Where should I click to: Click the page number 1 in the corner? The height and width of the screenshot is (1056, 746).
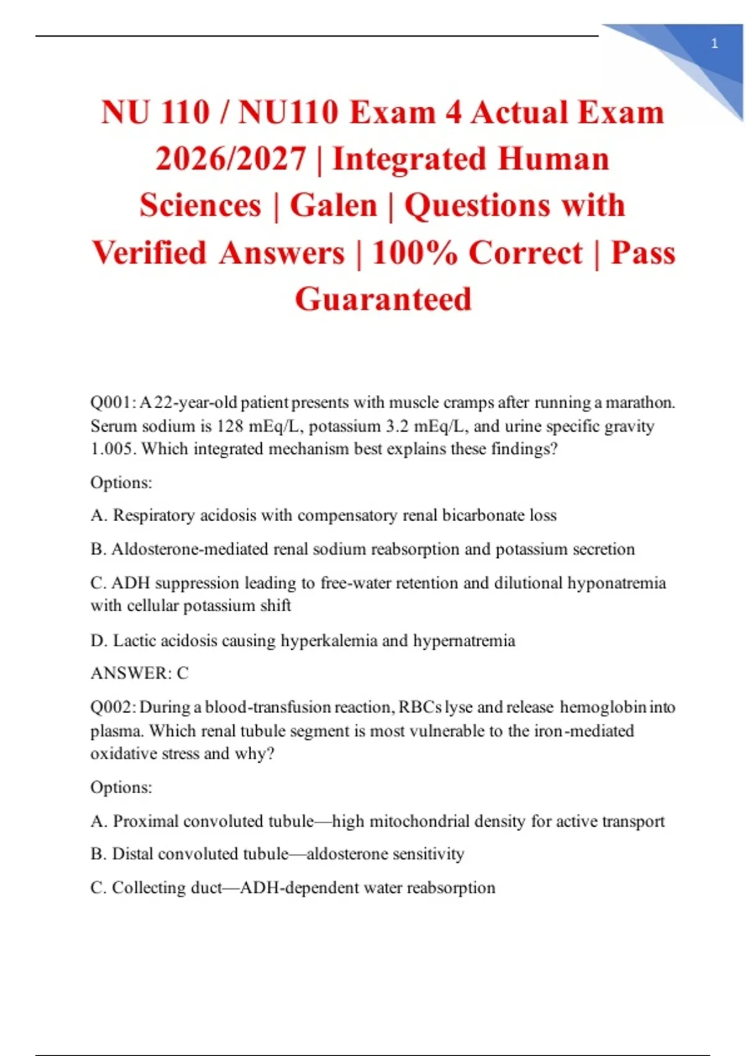pos(714,43)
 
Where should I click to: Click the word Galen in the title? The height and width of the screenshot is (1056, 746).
pos(334,206)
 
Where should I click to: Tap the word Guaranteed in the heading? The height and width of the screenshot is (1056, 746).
pos(383,299)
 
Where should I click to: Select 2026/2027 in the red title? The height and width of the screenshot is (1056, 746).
pos(231,159)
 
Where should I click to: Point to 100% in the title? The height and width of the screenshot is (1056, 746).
pos(415,253)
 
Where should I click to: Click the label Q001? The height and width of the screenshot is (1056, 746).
pos(113,403)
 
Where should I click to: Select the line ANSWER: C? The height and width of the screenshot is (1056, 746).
pos(139,673)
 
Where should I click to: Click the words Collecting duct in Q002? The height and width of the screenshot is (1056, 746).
pos(167,888)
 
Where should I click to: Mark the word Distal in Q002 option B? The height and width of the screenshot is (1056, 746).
pos(132,854)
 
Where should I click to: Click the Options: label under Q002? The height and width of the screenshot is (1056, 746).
pos(121,788)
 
